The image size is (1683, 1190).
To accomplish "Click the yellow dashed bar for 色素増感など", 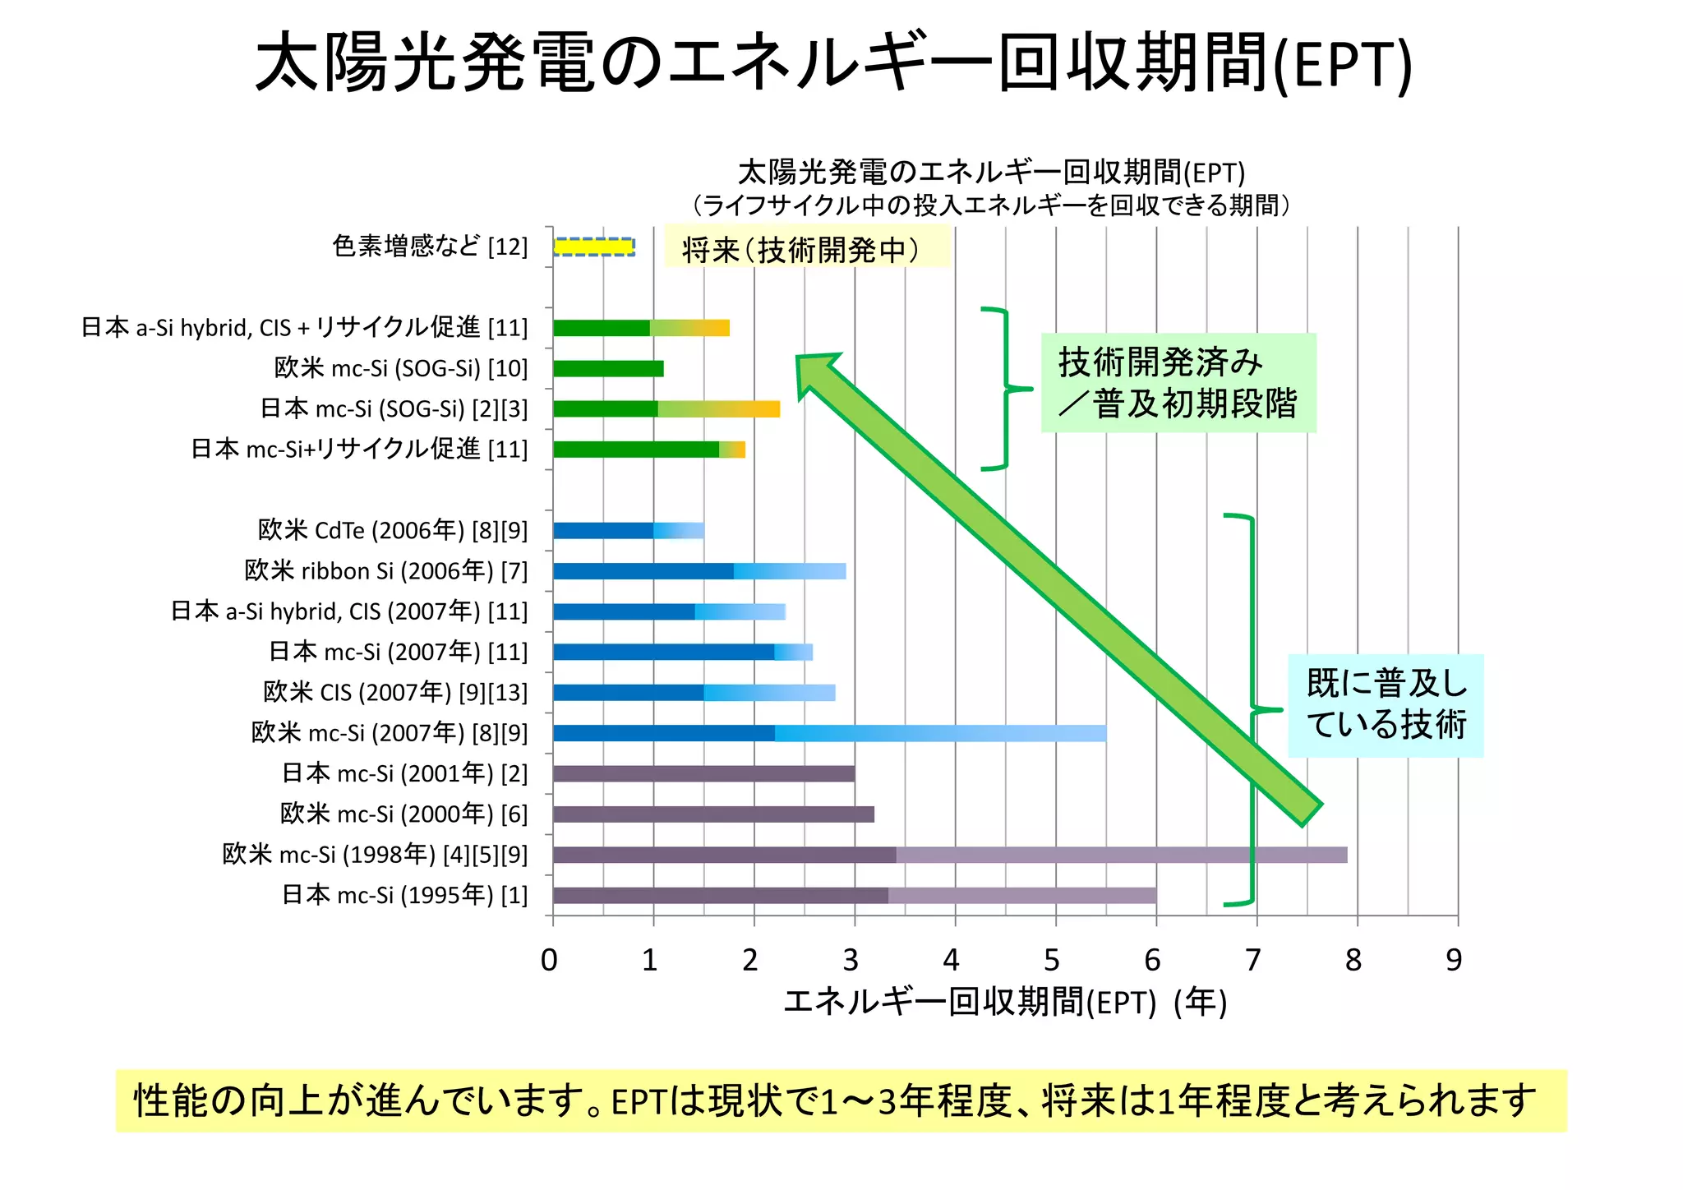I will pyautogui.click(x=593, y=247).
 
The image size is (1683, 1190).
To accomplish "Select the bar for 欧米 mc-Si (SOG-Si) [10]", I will pyautogui.click(x=608, y=368).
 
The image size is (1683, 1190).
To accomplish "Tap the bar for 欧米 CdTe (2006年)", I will pyautogui.click(x=628, y=530).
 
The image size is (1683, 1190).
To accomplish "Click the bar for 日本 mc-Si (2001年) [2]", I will pyautogui.click(x=703, y=773).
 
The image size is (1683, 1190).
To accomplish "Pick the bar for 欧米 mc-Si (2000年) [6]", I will pyautogui.click(x=713, y=814).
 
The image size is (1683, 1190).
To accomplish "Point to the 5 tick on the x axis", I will pyautogui.click(x=1052, y=960).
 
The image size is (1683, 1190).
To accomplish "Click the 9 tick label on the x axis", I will pyautogui.click(x=1454, y=960).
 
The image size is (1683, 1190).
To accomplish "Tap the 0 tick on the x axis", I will pyautogui.click(x=550, y=960).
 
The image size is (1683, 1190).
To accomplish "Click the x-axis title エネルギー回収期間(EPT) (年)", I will pyautogui.click(x=1004, y=1003).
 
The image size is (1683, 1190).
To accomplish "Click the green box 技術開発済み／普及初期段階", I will pyautogui.click(x=1178, y=383).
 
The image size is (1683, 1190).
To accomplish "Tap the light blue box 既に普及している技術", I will pyautogui.click(x=1386, y=705).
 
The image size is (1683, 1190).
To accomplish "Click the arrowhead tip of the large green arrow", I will pyautogui.click(x=800, y=359).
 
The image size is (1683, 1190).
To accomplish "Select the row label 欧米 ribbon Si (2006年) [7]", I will pyautogui.click(x=386, y=570).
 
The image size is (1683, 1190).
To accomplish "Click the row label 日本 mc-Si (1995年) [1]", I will pyautogui.click(x=404, y=894).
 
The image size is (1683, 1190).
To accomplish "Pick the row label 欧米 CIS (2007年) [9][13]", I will pyautogui.click(x=395, y=692).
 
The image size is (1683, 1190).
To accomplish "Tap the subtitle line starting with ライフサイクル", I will pyautogui.click(x=991, y=205).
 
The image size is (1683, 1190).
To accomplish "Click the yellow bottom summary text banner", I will pyautogui.click(x=841, y=1100).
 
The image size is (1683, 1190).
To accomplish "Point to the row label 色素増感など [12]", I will pyautogui.click(x=430, y=247).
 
